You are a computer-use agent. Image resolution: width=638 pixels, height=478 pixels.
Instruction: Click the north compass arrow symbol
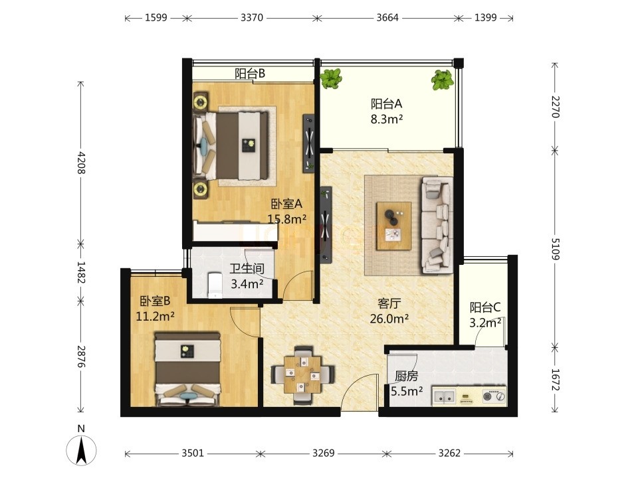(x=81, y=450)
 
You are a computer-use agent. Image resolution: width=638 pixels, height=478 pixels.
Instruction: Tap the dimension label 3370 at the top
(x=252, y=18)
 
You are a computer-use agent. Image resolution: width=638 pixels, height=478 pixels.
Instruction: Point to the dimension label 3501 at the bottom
(x=193, y=453)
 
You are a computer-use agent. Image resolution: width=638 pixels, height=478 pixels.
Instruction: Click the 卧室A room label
(x=287, y=203)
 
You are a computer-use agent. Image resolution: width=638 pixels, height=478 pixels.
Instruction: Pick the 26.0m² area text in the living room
(x=389, y=319)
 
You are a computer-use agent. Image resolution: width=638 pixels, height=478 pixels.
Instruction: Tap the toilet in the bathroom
(x=215, y=285)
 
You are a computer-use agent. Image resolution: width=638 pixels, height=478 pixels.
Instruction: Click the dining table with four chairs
(x=302, y=375)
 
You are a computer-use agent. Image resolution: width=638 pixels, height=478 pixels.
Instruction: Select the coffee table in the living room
(x=394, y=226)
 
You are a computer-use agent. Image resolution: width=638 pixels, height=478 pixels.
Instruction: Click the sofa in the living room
(x=437, y=225)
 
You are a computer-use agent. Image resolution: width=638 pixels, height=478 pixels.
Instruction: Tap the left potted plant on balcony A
(x=331, y=78)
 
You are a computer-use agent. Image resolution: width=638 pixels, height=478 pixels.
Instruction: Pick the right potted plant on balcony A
(x=443, y=80)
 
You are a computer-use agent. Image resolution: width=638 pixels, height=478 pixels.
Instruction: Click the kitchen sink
(x=444, y=396)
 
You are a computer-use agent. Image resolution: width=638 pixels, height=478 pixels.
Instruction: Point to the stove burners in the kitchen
(x=494, y=396)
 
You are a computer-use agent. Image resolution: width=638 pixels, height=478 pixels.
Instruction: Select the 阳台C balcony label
(x=485, y=307)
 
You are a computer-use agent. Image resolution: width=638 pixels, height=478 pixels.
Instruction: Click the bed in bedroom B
(x=187, y=370)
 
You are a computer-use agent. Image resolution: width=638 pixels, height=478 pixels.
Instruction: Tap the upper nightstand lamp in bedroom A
(x=200, y=102)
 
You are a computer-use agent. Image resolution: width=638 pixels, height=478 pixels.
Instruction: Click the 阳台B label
(x=250, y=74)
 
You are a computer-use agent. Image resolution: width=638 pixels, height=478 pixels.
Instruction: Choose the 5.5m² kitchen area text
(x=407, y=392)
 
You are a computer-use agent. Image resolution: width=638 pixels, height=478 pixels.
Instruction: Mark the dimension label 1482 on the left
(x=80, y=272)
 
